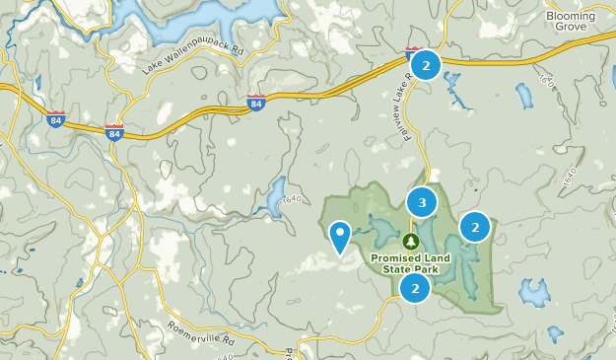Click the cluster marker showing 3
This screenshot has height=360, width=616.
tap(422, 203)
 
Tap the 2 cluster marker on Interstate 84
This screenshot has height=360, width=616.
tap(426, 66)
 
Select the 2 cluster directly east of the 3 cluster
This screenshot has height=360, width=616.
tap(475, 227)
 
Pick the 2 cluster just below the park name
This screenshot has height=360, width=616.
tap(416, 288)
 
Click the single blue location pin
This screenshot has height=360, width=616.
tap(341, 236)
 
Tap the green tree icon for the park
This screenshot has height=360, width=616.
tap(410, 241)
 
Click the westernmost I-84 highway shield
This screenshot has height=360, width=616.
tap(55, 119)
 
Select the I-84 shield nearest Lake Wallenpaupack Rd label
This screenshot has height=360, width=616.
tap(255, 103)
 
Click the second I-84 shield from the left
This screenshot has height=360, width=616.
tap(115, 132)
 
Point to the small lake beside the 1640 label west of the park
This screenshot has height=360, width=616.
tap(275, 196)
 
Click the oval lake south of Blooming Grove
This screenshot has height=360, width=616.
tap(523, 96)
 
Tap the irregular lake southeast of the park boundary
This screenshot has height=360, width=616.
tap(534, 292)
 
